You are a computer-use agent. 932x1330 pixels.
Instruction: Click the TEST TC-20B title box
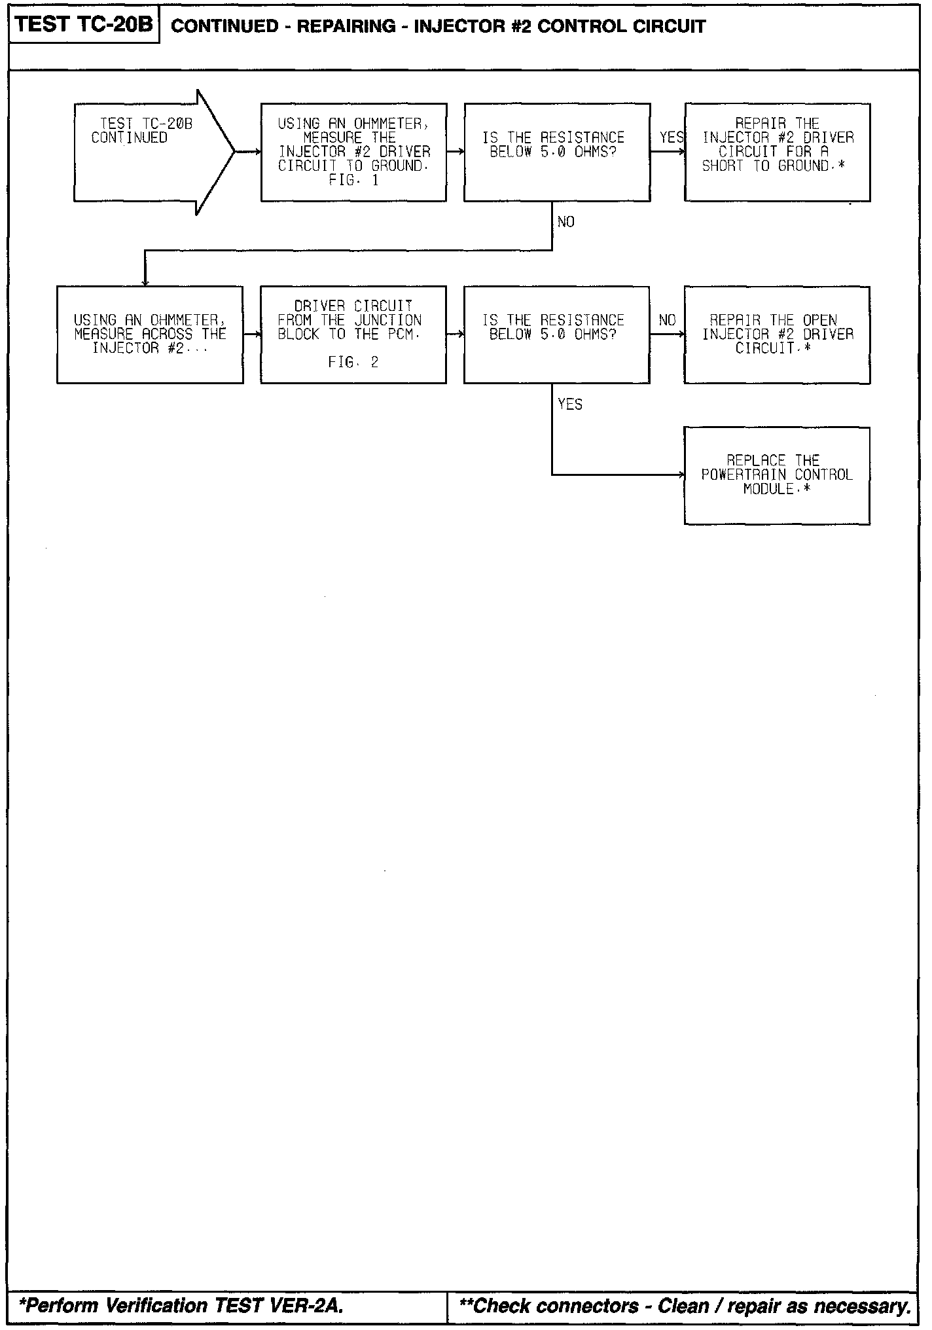84,26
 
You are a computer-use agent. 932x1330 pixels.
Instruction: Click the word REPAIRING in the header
346,27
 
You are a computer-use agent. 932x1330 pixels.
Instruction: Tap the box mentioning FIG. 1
353,152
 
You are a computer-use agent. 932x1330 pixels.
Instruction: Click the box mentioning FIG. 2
353,334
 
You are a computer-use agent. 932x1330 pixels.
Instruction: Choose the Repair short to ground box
777,152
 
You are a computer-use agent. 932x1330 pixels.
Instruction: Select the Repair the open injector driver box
777,334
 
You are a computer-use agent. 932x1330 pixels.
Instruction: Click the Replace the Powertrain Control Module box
777,475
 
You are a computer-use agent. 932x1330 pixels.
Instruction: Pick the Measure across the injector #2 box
150,334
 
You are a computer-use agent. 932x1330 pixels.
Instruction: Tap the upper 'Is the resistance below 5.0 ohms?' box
557,152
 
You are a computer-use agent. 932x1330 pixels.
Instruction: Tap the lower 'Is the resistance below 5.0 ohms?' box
557,334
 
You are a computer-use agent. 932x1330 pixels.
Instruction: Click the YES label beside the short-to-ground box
672,137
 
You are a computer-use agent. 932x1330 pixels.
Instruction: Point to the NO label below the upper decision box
565,223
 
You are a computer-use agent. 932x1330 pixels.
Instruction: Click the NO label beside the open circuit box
667,320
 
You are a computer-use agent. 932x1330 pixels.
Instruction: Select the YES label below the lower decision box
569,404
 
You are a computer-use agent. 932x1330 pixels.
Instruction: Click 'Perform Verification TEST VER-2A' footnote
181,1306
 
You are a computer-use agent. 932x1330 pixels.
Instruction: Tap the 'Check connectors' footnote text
685,1306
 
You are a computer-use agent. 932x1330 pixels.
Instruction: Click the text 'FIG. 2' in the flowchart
353,363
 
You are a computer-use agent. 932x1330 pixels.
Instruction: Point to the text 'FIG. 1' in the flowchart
353,181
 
